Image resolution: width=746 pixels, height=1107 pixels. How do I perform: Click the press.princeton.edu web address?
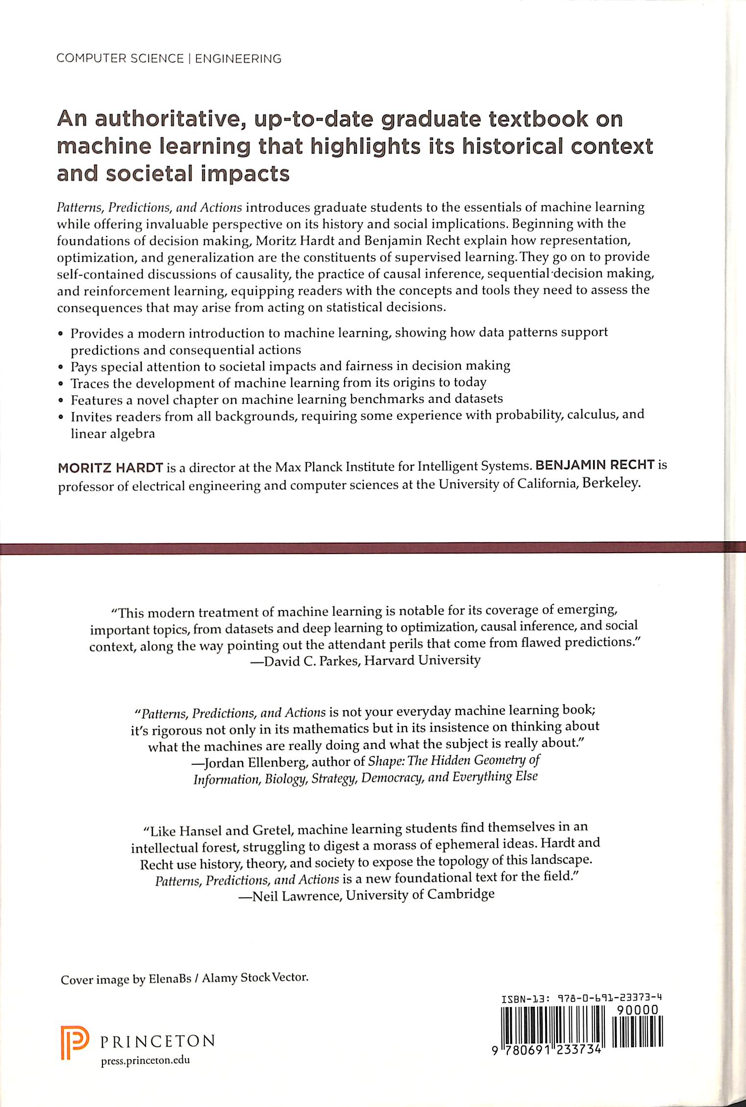pos(145,1060)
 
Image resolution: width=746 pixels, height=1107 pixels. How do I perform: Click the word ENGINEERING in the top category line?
pos(238,59)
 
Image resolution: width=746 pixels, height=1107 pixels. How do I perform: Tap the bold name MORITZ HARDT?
pos(110,467)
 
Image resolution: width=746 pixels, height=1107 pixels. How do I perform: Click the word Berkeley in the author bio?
pos(611,483)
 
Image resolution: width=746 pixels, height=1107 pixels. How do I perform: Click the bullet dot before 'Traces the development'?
pos(61,384)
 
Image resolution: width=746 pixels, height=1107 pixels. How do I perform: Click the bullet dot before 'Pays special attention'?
pos(61,367)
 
